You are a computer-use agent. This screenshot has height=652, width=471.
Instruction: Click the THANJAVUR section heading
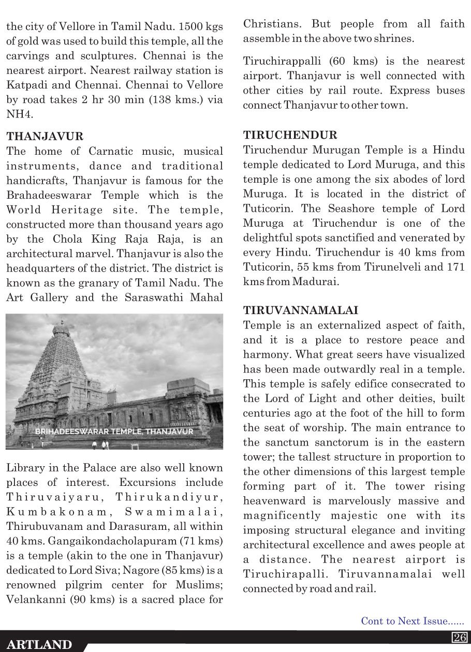coord(45,137)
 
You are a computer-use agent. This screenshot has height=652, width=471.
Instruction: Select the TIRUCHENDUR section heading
coord(290,136)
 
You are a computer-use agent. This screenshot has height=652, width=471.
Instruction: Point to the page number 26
coord(460,637)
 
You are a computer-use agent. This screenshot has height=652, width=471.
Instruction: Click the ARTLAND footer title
coord(40,645)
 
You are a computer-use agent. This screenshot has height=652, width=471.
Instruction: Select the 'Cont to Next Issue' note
coord(413,621)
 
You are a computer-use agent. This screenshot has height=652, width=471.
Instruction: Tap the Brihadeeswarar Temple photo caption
coord(115,431)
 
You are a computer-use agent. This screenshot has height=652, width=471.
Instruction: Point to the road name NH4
coord(18,114)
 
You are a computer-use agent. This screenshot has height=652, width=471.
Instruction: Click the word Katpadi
coord(25,85)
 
